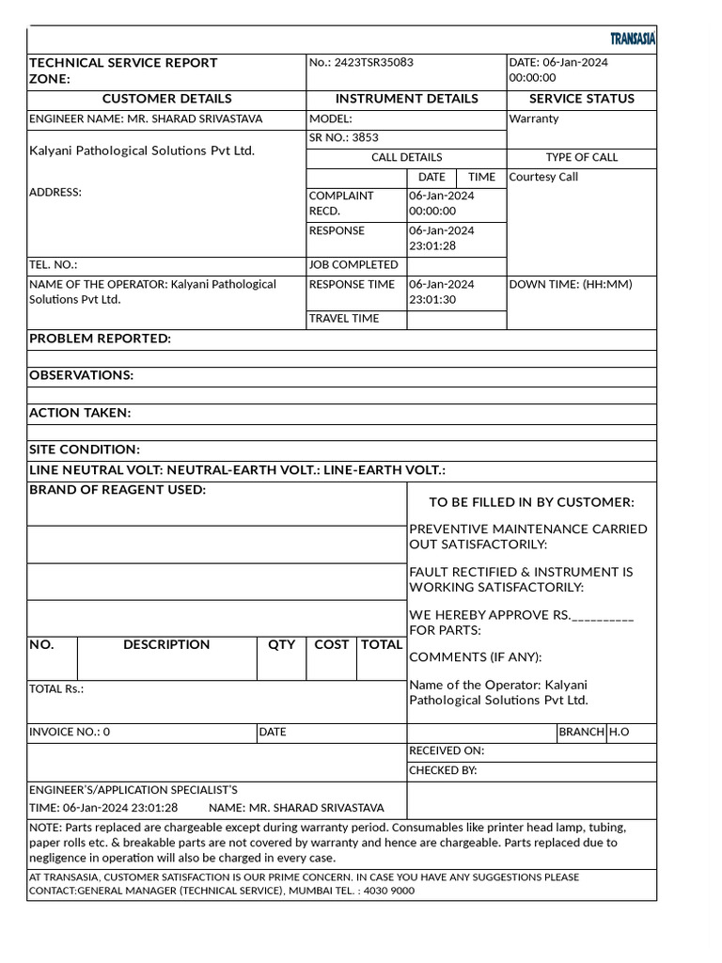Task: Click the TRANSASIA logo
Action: [632, 39]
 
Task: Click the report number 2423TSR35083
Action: [361, 63]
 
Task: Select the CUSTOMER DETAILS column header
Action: [166, 99]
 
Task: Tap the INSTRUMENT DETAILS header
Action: [406, 99]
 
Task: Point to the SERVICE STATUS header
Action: [581, 99]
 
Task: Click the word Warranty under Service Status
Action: [533, 119]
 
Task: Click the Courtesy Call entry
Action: [543, 177]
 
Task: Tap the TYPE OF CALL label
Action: [581, 157]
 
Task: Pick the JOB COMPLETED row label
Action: [353, 265]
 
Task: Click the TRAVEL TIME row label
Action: [344, 319]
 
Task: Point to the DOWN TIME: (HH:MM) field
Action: [570, 284]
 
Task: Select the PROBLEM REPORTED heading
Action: [100, 339]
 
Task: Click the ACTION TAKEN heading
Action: [80, 413]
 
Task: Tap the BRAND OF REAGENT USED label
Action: [118, 490]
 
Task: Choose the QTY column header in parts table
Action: [281, 645]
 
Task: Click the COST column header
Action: [331, 645]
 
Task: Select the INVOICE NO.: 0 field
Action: [70, 732]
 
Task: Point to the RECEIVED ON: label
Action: [447, 751]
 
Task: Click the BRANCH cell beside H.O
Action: [581, 732]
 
